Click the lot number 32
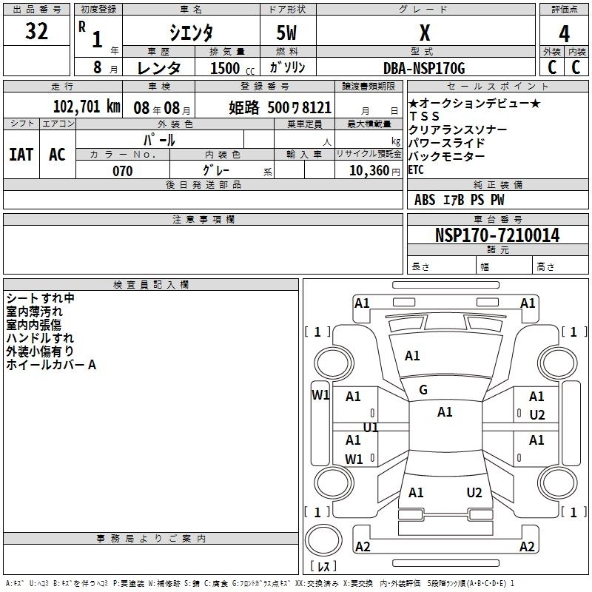(x=36, y=32)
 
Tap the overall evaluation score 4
(x=564, y=34)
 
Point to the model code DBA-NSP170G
(x=424, y=68)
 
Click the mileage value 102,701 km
(x=87, y=106)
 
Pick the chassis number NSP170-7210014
(x=497, y=235)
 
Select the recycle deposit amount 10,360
(x=367, y=171)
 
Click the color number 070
(x=122, y=171)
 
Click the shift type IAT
(x=21, y=154)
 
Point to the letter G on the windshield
(x=423, y=390)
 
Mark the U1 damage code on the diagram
(x=371, y=427)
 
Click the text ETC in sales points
(x=417, y=169)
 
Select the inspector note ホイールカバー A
(x=51, y=364)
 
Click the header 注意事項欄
(x=203, y=220)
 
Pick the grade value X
(x=424, y=33)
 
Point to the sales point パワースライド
(x=446, y=143)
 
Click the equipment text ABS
(x=425, y=200)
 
